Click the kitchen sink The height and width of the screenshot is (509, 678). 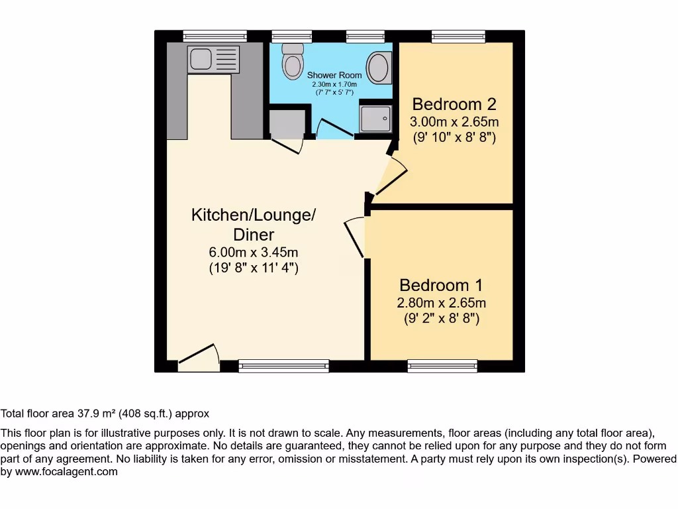pos(213,59)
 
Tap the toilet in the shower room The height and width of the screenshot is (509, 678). pos(292,61)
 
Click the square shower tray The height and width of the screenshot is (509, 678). pos(375,117)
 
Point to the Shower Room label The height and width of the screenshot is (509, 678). pos(334,75)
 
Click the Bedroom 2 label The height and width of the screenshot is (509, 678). pos(454,104)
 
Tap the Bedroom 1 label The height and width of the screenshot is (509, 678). pos(441,285)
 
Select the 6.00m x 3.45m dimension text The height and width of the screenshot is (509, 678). pos(254,253)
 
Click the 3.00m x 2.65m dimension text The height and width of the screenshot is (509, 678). pos(454,122)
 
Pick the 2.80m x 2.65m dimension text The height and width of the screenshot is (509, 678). pos(441,303)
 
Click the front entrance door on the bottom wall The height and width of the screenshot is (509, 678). pos(199,357)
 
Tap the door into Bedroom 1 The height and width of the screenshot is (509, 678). pos(355,237)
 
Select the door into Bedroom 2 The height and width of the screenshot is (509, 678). pos(391,176)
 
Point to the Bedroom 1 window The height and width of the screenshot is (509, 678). pos(442,366)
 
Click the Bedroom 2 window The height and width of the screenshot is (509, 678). pos(458,36)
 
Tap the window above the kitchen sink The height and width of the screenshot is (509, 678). pos(215,36)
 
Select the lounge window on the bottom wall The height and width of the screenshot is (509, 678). pos(283,366)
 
